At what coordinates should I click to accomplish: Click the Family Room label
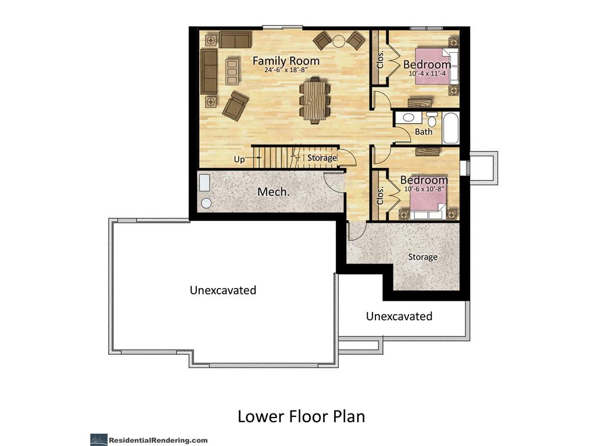(x=286, y=60)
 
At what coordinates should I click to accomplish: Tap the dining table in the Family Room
(x=314, y=100)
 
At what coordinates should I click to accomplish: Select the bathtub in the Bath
(x=450, y=127)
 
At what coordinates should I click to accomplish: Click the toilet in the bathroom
(x=432, y=120)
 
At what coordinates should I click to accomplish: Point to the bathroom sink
(x=408, y=117)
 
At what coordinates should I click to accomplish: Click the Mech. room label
(x=273, y=192)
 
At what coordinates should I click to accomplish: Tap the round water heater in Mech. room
(x=206, y=203)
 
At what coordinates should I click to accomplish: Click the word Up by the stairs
(x=239, y=159)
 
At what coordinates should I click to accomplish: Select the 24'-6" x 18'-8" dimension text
(x=286, y=70)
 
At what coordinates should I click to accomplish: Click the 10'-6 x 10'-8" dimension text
(x=424, y=189)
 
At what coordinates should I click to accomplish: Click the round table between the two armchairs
(x=339, y=41)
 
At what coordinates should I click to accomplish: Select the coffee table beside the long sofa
(x=232, y=71)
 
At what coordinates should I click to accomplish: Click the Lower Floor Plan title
(x=302, y=416)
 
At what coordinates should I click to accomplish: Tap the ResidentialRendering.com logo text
(x=158, y=440)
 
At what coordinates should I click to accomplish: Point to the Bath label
(x=424, y=132)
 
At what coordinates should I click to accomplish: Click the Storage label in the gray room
(x=423, y=257)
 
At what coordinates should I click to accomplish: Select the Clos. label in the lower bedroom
(x=380, y=196)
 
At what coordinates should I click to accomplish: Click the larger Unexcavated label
(x=223, y=290)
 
